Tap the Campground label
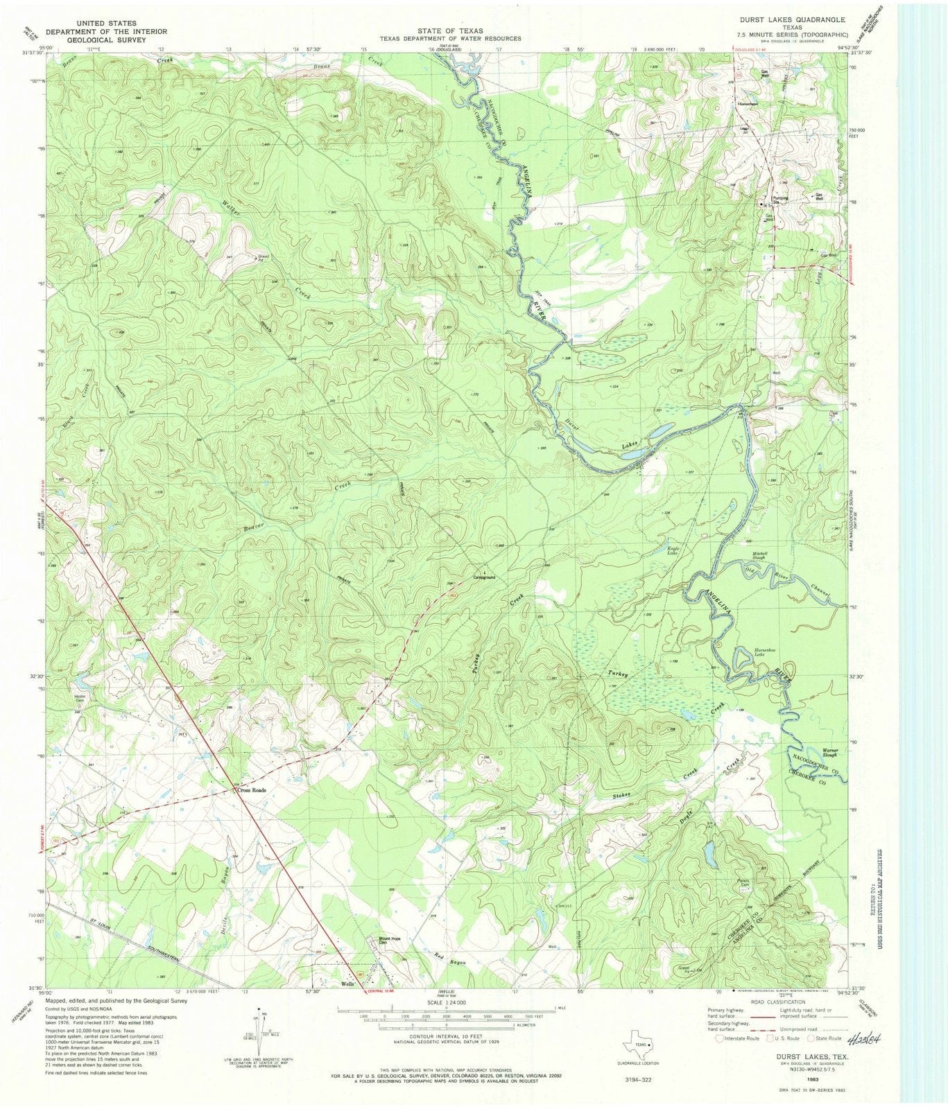[x=484, y=577]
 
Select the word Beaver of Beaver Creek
[x=254, y=527]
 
